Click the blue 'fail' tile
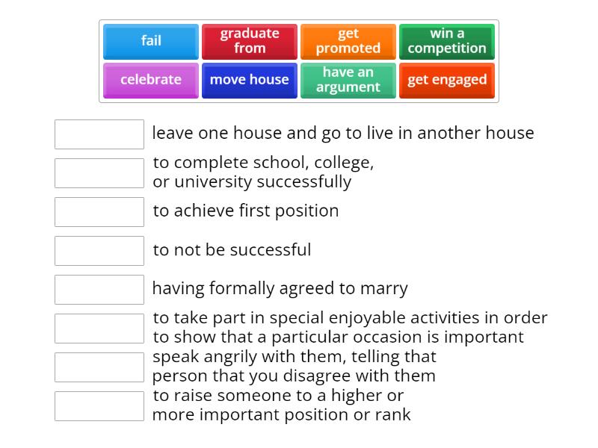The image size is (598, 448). coord(151,41)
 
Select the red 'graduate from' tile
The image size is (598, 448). coord(250,41)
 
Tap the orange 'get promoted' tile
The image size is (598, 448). coord(348,41)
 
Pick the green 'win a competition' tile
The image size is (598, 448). coord(447,41)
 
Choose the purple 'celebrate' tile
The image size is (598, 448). coord(151,80)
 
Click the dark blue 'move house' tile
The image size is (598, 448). coord(250,80)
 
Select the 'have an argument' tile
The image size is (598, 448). coord(348,80)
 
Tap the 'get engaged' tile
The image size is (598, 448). coord(447,80)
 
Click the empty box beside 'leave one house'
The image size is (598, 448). coord(99,134)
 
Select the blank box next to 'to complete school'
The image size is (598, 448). coord(99,173)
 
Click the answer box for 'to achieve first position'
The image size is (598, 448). coord(99,212)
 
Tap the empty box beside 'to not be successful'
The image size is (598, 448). coord(99,251)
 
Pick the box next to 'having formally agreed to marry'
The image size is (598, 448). coord(99,290)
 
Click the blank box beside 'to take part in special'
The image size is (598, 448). coord(99,329)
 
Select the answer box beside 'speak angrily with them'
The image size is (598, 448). coord(99,367)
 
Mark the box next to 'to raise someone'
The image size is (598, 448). coord(99,406)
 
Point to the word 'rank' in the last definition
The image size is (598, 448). coord(392,415)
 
